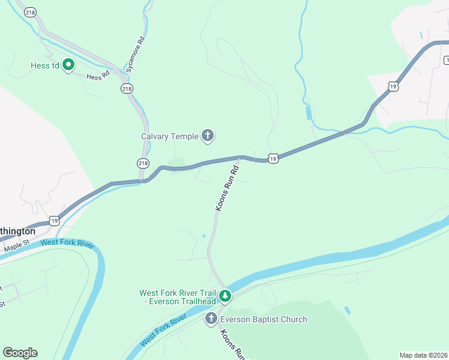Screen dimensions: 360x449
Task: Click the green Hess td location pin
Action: coord(68,65)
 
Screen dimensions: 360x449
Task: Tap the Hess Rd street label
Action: coord(97,76)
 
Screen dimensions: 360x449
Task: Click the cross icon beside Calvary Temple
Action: coord(208,136)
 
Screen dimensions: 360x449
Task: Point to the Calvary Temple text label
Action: coord(170,136)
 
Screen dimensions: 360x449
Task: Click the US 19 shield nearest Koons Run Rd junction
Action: coord(273,158)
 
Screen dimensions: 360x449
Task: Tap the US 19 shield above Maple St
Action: coord(55,220)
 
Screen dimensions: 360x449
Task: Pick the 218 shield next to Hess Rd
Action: coord(126,88)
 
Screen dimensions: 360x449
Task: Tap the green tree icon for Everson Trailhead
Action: coord(225,296)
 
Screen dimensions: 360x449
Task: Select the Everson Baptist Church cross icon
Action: coord(211,319)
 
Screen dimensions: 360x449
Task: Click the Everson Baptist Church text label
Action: coord(264,320)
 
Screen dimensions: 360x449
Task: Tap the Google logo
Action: coord(20,352)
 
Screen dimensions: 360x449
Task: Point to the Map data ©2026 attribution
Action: coord(423,355)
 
